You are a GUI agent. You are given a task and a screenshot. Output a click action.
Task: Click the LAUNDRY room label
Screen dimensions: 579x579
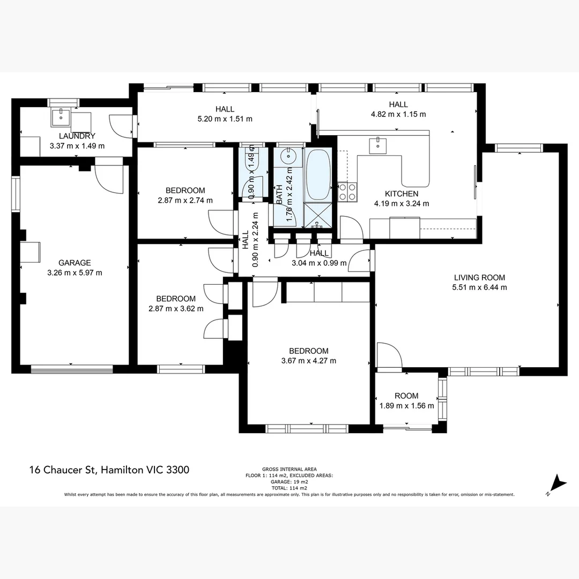[x=77, y=136]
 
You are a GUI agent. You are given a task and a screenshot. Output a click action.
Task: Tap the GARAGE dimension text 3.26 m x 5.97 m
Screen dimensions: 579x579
[x=75, y=272]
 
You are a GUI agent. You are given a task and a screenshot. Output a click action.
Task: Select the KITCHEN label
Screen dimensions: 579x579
[x=401, y=194]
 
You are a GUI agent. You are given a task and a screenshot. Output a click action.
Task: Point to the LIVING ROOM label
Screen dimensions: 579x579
[x=479, y=278]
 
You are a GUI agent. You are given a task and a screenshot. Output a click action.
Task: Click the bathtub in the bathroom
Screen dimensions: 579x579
[x=318, y=175]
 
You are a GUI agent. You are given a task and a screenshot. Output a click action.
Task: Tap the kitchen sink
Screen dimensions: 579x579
[x=378, y=143]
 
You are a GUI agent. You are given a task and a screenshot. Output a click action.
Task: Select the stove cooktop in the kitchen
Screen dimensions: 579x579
[x=347, y=192]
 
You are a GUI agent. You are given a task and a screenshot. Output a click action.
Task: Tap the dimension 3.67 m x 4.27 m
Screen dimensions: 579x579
[x=309, y=361]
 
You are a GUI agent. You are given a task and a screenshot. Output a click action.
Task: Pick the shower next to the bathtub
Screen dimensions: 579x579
[x=318, y=217]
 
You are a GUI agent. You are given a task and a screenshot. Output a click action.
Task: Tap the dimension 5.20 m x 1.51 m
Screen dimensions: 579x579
[x=225, y=118]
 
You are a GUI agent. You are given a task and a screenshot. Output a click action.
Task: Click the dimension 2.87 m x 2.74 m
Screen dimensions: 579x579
[x=185, y=201]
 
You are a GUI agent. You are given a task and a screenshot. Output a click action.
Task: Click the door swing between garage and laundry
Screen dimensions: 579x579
[x=109, y=178]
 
